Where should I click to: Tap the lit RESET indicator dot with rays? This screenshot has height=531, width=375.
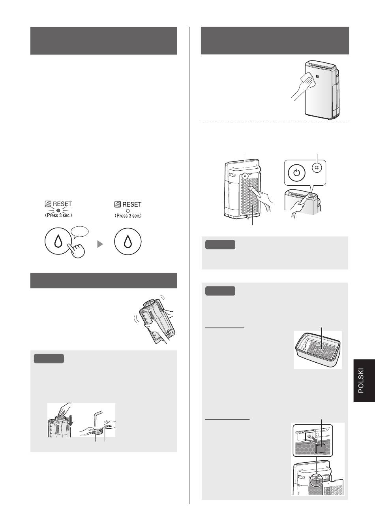(58, 210)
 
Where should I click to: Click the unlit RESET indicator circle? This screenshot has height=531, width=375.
(128, 211)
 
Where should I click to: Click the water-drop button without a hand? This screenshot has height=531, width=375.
(128, 241)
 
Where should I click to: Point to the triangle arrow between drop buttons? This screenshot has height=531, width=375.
(100, 244)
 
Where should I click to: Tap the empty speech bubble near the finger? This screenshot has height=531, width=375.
(80, 232)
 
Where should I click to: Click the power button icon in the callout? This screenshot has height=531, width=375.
(296, 172)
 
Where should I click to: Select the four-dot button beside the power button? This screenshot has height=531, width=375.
(317, 168)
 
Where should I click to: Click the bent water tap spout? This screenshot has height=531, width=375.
(97, 414)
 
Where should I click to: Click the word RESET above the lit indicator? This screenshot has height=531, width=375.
(62, 204)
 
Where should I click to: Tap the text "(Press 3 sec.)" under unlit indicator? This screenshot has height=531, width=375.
(128, 216)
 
